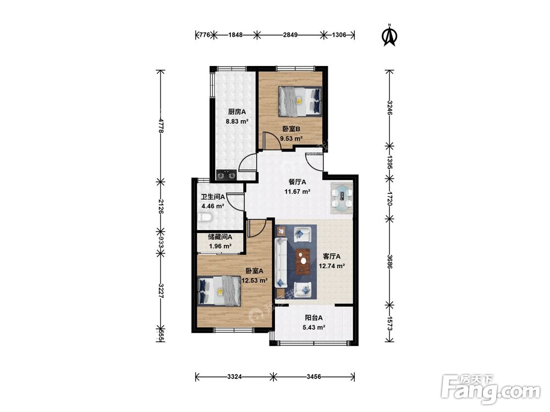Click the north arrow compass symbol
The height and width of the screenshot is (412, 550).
coord(389,35)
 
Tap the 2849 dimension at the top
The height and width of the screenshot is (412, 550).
coord(290,35)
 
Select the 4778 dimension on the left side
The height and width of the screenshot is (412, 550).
coord(161,125)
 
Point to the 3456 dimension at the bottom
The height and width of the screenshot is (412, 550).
coord(313,377)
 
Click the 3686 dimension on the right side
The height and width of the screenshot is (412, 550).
coord(390,261)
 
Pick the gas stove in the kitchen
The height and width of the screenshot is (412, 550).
coord(226,175)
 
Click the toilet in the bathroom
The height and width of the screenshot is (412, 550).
coord(205,219)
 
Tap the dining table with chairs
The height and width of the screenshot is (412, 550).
coord(342,198)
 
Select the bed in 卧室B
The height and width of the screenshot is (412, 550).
coord(300,101)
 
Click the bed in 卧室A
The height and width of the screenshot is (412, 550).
coord(219,291)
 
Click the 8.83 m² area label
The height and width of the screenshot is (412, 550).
coord(237,121)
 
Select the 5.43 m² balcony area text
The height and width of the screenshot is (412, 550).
coord(314,327)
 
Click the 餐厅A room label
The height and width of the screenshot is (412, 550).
coord(297,182)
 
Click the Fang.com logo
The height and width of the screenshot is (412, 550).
coord(491,389)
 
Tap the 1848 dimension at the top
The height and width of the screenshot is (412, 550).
coord(235,35)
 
